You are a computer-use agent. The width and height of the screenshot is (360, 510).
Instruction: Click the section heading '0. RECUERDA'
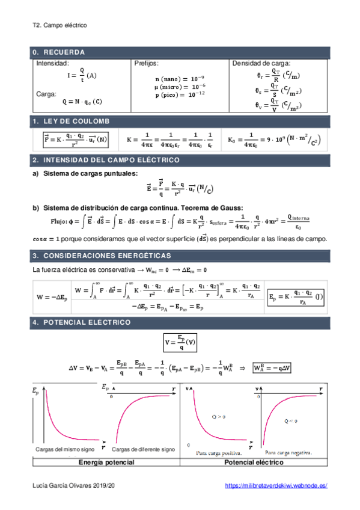[59, 52]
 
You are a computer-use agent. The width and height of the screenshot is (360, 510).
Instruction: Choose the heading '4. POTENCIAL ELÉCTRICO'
[82, 323]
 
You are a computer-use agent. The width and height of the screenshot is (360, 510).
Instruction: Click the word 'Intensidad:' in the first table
[53, 63]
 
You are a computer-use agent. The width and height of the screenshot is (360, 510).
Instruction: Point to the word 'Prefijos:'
[147, 63]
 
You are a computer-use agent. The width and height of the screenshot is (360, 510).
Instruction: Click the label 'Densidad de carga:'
[261, 63]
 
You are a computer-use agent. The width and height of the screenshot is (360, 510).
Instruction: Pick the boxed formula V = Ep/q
[180, 343]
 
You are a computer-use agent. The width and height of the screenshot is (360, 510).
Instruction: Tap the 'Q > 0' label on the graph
[215, 416]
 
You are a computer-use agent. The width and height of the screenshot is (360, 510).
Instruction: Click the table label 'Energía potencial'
[106, 462]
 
